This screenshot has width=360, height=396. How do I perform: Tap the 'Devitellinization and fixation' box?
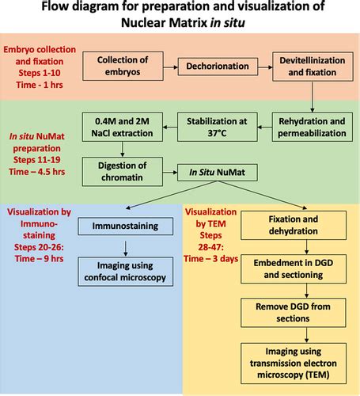click(310, 67)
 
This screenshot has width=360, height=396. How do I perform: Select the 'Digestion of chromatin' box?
click(123, 170)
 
